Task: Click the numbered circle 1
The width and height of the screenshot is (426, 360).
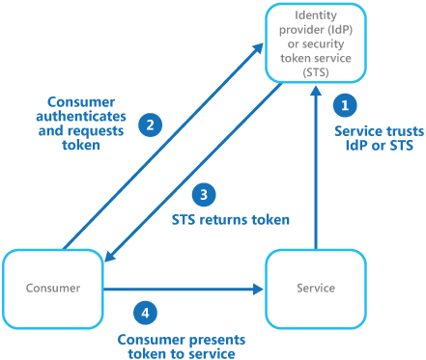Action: coord(347,104)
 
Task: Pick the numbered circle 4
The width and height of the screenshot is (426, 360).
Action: coord(145,313)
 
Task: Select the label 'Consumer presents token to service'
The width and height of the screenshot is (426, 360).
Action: coord(179,346)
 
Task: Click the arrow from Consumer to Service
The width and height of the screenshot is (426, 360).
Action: coord(184,288)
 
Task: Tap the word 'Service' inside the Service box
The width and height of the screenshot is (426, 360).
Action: coord(316,288)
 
